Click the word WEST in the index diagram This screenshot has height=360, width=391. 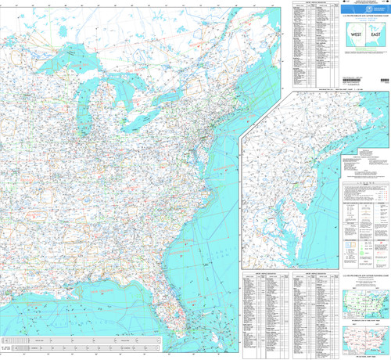click(356, 36)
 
